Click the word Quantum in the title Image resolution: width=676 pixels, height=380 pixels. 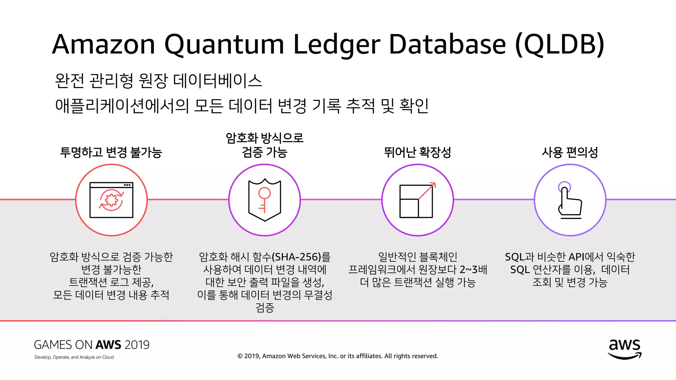224,45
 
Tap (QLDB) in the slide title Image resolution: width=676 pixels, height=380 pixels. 560,45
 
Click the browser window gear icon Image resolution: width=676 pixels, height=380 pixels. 112,200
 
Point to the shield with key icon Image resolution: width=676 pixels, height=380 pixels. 264,200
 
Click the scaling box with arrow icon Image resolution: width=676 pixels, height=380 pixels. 417,200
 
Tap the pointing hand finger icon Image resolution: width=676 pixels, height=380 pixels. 570,200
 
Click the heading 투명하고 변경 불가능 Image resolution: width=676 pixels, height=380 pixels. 111,152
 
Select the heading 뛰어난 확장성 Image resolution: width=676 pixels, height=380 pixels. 417,152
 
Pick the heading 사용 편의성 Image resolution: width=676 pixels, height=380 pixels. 570,152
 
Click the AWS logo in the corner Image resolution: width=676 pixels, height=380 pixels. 625,349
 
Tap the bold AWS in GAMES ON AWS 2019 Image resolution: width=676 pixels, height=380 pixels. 109,345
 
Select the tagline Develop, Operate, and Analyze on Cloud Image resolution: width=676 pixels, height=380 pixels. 74,357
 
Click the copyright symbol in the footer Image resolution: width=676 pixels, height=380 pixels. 240,356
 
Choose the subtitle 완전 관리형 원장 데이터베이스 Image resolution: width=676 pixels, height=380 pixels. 158,80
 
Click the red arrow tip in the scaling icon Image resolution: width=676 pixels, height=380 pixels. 434,184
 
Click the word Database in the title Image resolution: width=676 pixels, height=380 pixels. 447,45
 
